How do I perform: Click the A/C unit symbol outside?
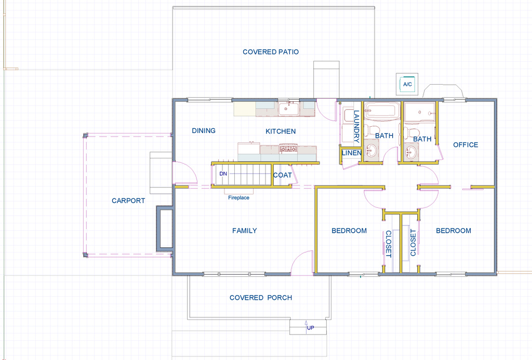[x=407, y=84]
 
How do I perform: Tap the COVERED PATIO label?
[x=271, y=52]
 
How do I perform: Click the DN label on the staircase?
[x=223, y=174]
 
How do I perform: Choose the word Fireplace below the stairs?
[x=238, y=197]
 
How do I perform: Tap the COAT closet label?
[x=283, y=175]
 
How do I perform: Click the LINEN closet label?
[x=351, y=153]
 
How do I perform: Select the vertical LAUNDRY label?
[x=356, y=127]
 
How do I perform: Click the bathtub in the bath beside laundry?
[x=381, y=111]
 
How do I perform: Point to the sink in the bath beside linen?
[x=370, y=152]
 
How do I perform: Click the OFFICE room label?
[x=465, y=145]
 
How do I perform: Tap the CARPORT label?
[x=128, y=201]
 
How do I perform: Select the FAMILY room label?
[x=244, y=231]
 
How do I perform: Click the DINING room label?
[x=204, y=130]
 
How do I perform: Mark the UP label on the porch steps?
[x=310, y=328]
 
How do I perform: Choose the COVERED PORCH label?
[x=261, y=298]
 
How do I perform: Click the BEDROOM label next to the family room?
[x=349, y=231]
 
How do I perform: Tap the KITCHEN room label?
[x=281, y=131]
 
